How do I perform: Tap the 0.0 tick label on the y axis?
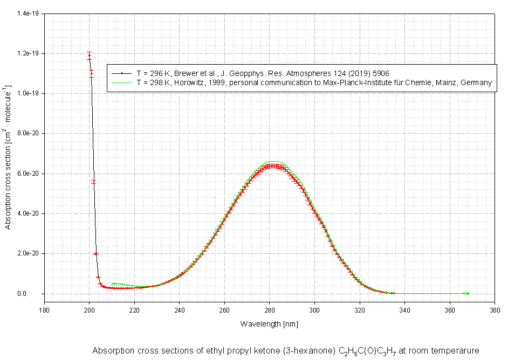click(36, 294)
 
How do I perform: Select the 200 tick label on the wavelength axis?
click(90, 310)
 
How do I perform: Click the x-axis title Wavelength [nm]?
click(269, 324)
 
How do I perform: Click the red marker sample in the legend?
click(122, 72)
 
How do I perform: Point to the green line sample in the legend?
click(122, 82)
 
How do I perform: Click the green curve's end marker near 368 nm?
click(468, 293)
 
